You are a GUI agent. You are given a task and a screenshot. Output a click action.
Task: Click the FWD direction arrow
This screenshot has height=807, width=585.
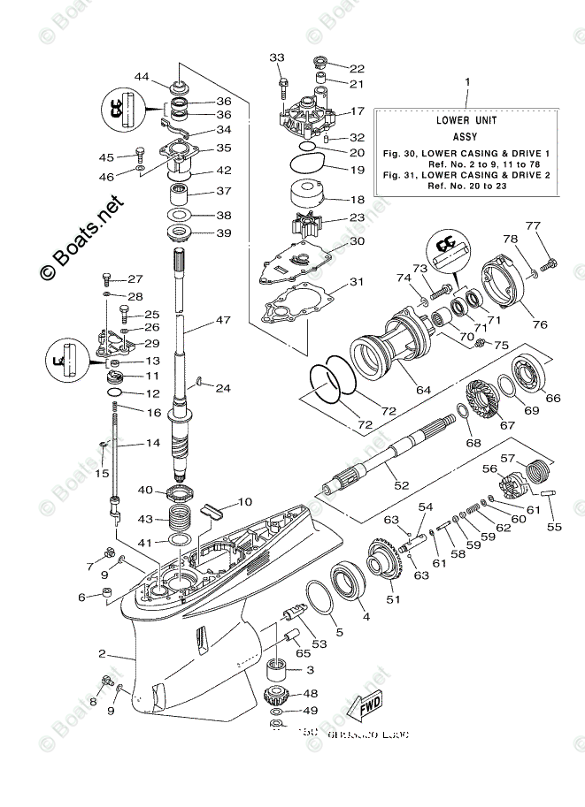tap(365, 704)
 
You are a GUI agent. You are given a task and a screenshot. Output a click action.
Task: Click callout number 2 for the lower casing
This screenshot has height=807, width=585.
tap(103, 654)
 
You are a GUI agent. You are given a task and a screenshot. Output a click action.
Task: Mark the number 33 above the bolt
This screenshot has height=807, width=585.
tap(277, 57)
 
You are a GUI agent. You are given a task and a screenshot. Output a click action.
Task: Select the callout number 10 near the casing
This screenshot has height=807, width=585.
tap(244, 502)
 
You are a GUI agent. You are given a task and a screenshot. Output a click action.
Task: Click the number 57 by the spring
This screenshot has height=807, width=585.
tap(507, 459)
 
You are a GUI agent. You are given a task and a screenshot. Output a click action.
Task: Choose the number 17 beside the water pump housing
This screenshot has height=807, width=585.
tap(357, 112)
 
